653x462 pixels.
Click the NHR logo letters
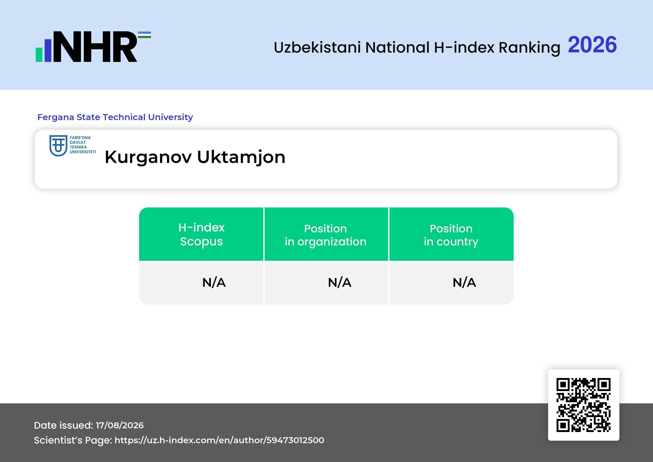[95, 47]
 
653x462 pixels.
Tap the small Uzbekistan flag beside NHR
[144, 35]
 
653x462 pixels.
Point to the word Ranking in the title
[529, 47]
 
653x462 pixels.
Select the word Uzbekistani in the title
[317, 47]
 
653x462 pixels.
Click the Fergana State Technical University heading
[115, 117]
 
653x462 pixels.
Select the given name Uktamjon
[241, 157]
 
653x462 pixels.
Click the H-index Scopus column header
[201, 234]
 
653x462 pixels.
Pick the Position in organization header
[326, 235]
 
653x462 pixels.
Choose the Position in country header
[451, 235]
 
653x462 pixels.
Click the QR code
[584, 405]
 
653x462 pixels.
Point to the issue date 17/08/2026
[120, 425]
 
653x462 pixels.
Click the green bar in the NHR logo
[39, 55]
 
